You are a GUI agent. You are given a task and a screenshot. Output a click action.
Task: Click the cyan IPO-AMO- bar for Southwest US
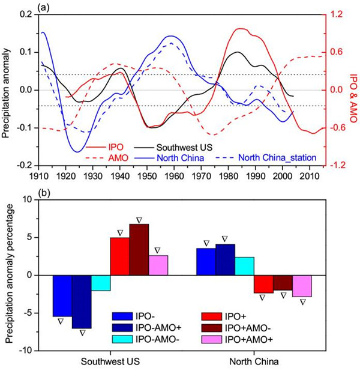[x=101, y=283]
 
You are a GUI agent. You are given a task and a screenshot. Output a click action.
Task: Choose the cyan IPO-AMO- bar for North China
[x=245, y=266]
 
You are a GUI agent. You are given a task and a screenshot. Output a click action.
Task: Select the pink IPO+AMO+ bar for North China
[x=302, y=286]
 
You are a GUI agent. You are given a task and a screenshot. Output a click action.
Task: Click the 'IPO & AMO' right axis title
[x=353, y=89]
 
